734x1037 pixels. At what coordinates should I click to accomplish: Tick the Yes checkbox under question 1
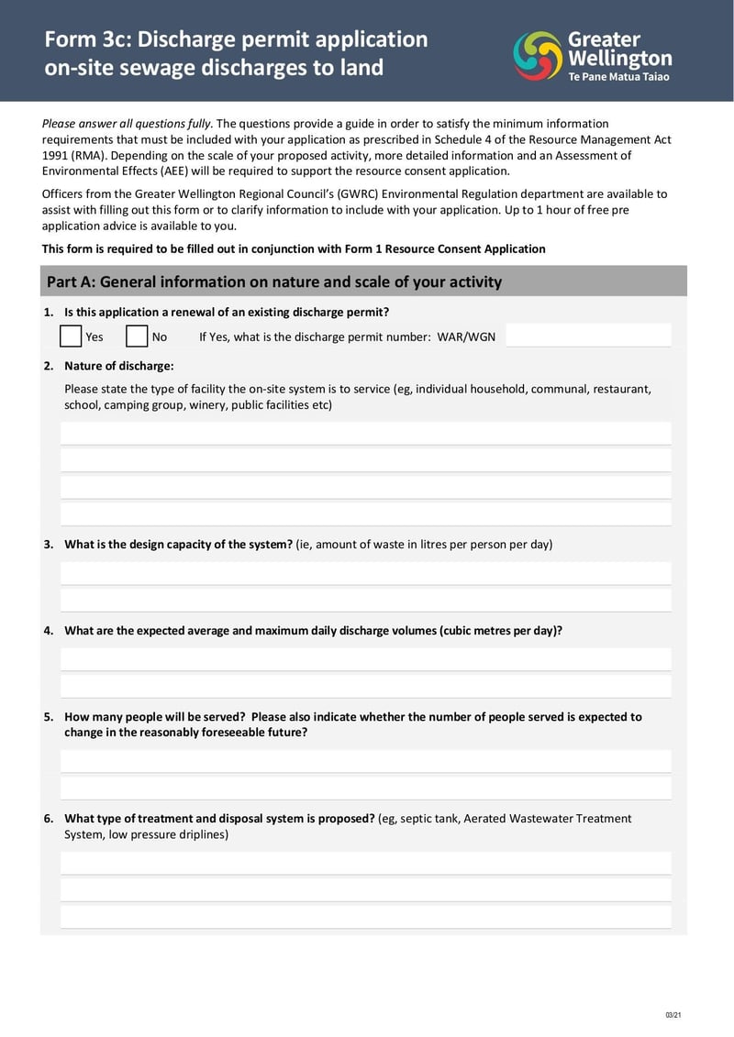click(71, 336)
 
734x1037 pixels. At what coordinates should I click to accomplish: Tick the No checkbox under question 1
click(137, 336)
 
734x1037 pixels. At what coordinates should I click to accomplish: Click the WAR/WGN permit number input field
click(588, 336)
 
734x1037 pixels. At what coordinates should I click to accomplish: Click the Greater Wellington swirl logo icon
click(538, 55)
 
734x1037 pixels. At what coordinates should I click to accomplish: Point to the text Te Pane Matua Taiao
click(619, 77)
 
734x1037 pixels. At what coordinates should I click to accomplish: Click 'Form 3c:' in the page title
click(87, 39)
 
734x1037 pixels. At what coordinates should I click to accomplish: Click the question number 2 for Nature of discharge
click(48, 366)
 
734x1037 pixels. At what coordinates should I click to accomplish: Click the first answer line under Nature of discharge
click(365, 433)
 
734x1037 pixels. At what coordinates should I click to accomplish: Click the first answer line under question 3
click(365, 573)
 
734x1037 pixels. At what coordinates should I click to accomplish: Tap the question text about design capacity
click(178, 544)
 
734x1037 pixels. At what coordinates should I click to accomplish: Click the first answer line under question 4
click(365, 659)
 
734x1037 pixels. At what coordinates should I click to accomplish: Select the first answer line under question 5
click(365, 761)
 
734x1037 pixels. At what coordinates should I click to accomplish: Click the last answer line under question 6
click(365, 916)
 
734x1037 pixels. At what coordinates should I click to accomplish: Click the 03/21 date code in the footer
click(673, 1015)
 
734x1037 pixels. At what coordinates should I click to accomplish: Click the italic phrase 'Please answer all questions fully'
click(128, 123)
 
